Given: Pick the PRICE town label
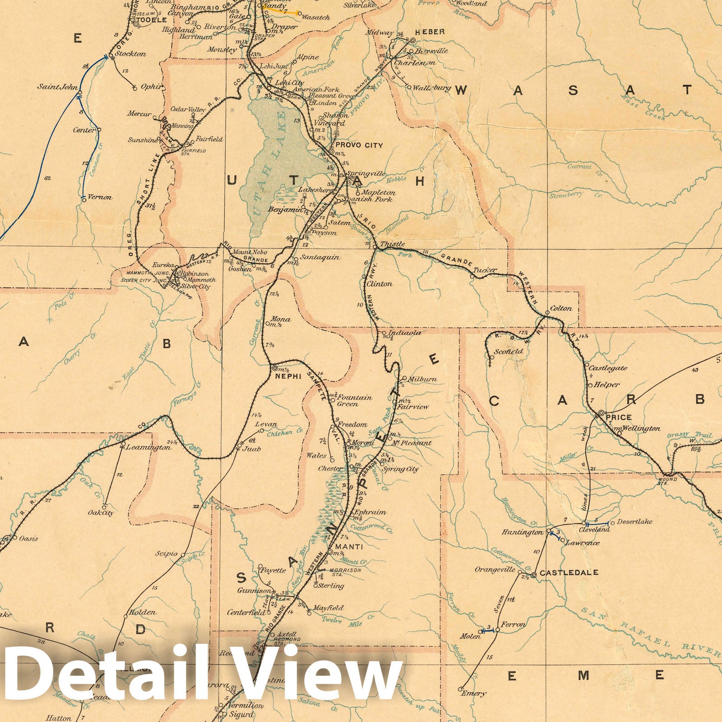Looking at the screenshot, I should coord(620,417).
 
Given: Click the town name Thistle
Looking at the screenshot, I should coord(392,244).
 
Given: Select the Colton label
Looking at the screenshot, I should coord(561,309).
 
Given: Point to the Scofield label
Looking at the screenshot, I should coord(509,351).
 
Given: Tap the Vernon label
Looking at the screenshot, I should coord(100,197).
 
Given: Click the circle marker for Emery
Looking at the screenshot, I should coord(460,689).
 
